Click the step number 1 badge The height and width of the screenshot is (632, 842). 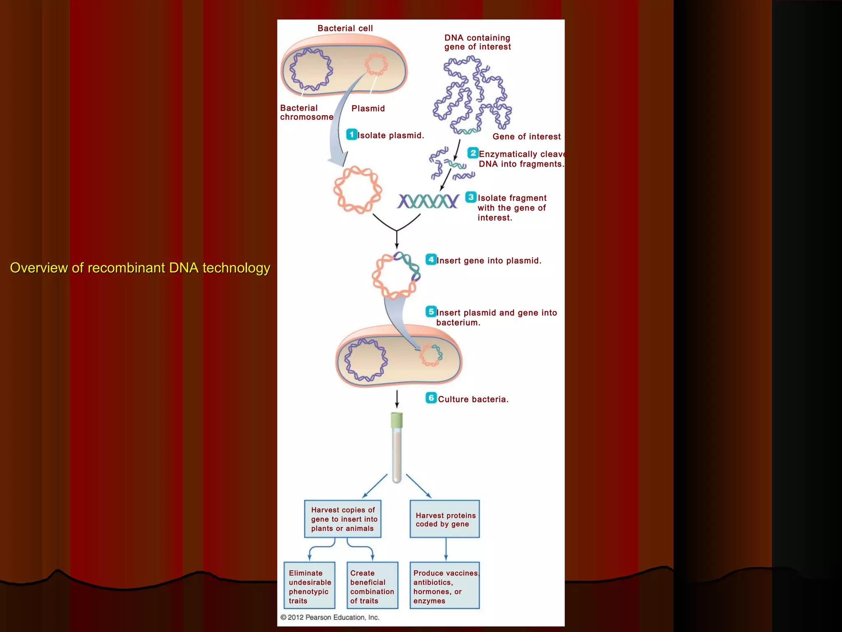pos(352,135)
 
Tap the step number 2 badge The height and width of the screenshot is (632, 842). pos(473,153)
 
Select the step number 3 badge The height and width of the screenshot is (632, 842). pos(471,197)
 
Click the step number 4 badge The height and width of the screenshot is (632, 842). pos(430,260)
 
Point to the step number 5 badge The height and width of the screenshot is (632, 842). pos(430,311)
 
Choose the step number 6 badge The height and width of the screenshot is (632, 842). pos(430,398)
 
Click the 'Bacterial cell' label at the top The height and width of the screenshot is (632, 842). pos(345,28)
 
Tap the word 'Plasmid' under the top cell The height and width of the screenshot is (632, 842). pos(368,109)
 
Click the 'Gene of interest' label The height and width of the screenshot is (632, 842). pos(526,137)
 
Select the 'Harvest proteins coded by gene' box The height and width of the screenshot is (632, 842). pos(444,519)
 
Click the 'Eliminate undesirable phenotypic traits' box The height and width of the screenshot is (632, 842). pos(309,586)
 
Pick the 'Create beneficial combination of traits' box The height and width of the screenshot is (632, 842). pos(372,586)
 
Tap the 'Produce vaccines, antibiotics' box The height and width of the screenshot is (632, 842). pos(444,586)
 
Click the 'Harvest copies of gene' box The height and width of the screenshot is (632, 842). pos(342,519)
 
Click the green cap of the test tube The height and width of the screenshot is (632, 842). pos(396,420)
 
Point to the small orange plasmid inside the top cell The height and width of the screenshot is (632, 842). pos(376,65)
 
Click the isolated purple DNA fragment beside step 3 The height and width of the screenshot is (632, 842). pos(428,201)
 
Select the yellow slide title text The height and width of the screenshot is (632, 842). pos(140,268)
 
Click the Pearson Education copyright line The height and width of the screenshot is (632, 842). pos(330,617)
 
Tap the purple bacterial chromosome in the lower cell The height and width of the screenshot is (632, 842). pos(365,360)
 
